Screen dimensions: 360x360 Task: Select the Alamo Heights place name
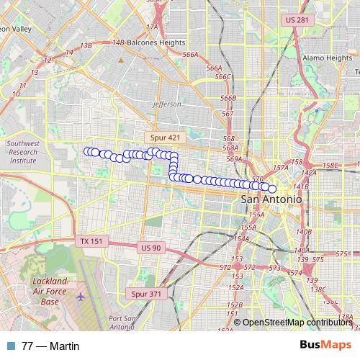pos(326,58)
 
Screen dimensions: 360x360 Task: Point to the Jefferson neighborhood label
pos(168,104)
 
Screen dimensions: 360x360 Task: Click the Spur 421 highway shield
pos(166,137)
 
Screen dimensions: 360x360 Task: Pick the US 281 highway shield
pos(297,20)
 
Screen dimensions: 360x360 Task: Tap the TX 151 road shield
pos(92,241)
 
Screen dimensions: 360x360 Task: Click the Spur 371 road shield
pos(147,294)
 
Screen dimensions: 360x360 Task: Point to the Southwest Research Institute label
pos(22,153)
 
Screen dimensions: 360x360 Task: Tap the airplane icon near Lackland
pos(79,296)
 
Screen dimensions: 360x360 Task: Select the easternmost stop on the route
pos(272,189)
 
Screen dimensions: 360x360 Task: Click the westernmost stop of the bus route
pos(87,150)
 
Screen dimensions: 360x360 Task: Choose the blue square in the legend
pos(9,346)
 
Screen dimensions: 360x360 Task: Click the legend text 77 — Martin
pos(50,346)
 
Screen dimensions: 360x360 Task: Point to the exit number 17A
pos(152,27)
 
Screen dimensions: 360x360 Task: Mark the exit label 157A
pos(282,168)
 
